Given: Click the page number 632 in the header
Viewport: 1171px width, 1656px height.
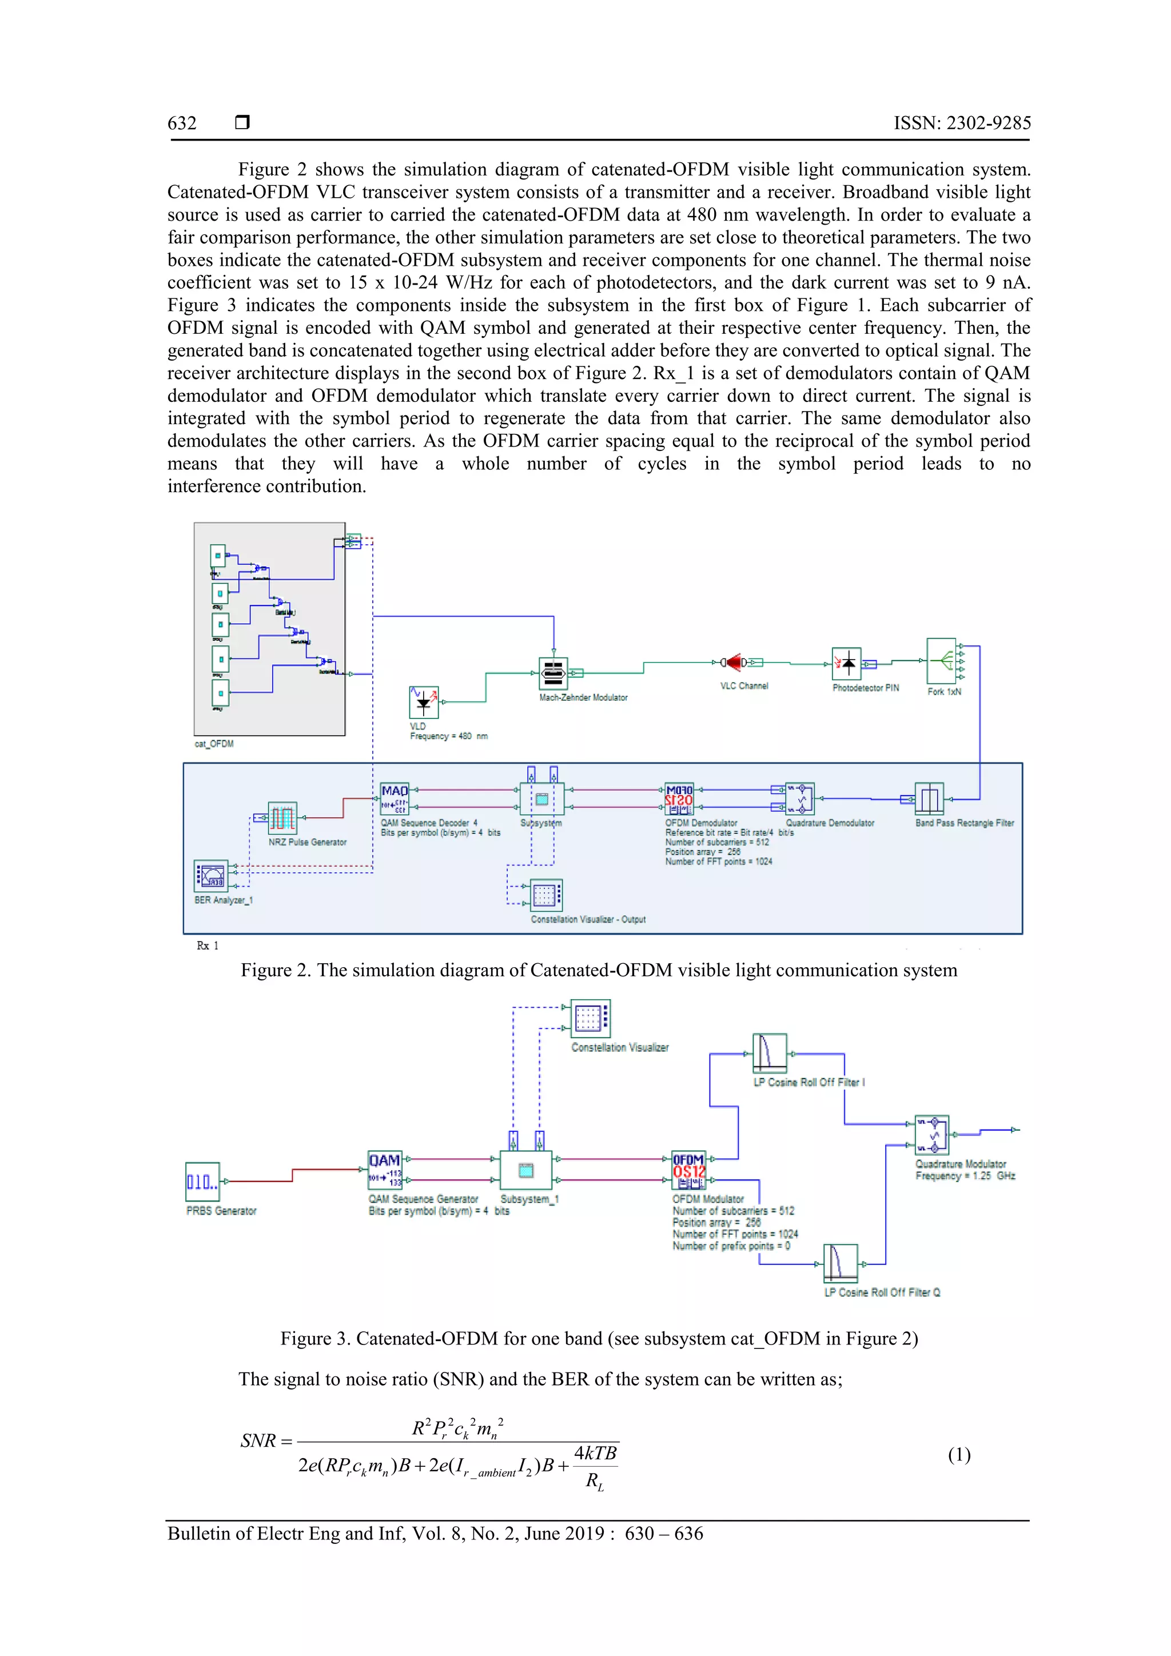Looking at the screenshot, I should pos(182,123).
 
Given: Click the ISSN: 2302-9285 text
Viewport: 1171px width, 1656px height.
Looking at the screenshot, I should pos(962,123).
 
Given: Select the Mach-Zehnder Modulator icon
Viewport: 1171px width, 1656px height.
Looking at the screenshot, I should pos(553,673).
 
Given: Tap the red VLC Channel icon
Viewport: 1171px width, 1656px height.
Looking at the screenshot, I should pos(735,662).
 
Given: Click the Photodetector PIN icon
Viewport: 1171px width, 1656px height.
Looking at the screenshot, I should pos(846,664).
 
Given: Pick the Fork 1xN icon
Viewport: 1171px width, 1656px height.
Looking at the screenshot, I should pos(942,661).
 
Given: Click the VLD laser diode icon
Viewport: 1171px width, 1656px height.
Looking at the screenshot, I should pos(424,702).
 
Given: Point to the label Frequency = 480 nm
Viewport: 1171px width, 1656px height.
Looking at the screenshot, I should pos(449,736).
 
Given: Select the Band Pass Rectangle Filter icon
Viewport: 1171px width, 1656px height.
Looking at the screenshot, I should pos(929,799).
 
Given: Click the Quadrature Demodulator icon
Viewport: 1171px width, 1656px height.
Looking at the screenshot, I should pos(800,799).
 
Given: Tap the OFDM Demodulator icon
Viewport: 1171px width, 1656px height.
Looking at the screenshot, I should pos(679,799).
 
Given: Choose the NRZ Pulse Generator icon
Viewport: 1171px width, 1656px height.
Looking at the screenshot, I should pos(282,818).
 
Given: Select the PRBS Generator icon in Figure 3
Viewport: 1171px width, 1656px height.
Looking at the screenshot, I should pos(202,1182).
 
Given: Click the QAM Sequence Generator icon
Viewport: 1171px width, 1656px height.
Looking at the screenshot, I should pos(385,1169).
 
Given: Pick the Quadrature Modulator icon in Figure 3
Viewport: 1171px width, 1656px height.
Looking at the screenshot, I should pos(931,1135).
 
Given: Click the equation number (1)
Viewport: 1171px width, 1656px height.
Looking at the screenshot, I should pos(959,1455).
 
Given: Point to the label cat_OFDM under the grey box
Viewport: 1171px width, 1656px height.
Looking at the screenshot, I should pos(214,744).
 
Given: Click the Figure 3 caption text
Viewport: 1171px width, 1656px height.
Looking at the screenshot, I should pos(599,1339).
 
